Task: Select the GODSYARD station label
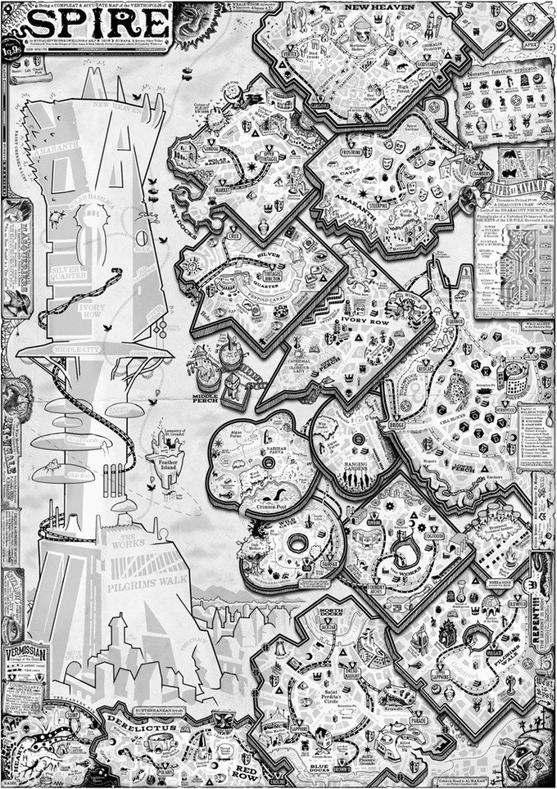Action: click(427, 63)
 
